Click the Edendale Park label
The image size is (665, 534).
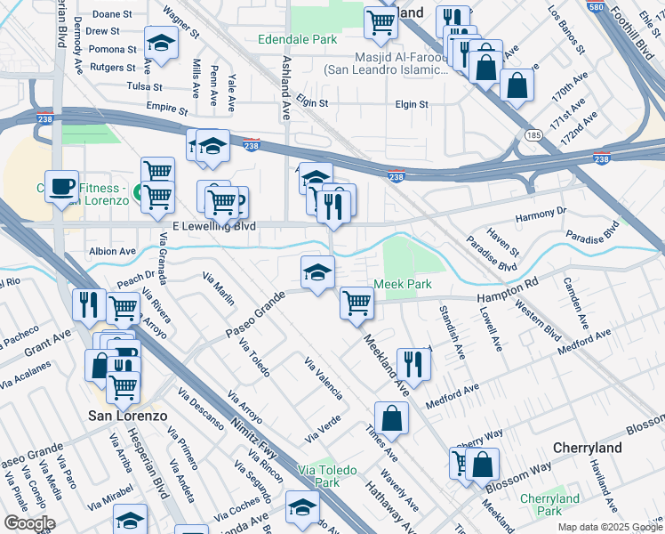298,40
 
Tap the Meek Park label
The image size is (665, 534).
402,284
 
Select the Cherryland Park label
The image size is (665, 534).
549,505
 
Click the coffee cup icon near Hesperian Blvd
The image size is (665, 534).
61,186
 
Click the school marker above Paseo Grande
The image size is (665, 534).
317,272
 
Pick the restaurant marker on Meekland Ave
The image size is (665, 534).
413,362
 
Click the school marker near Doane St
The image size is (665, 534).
161,44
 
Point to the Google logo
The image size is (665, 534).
28,523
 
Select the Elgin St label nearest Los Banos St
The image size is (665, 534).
412,104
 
